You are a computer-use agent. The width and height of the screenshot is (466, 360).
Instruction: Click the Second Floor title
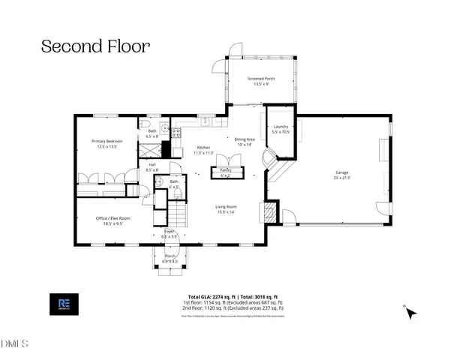coord(95,46)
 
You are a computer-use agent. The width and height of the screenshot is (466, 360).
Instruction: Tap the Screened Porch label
coord(261,81)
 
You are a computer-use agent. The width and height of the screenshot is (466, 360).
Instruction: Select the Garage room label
coord(341,175)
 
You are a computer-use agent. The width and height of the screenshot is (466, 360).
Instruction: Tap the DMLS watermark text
coord(14,344)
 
